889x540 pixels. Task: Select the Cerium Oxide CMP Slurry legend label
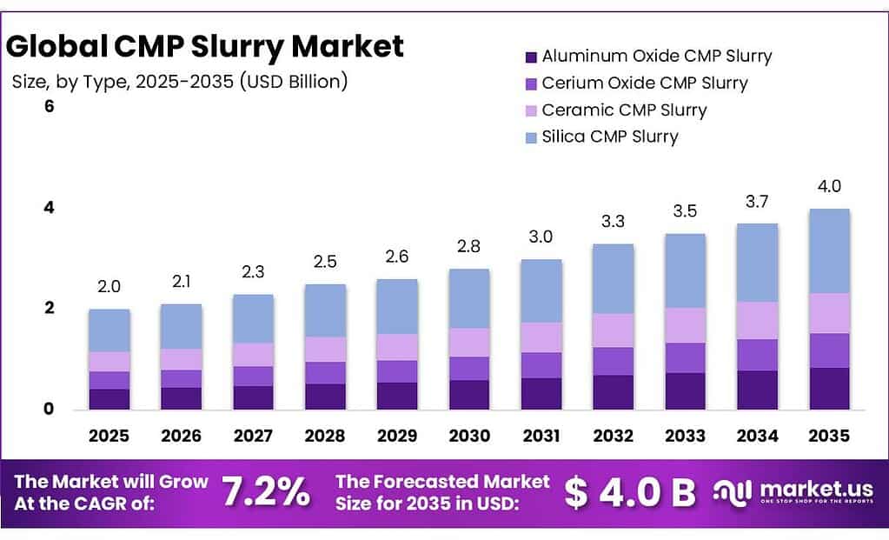644,83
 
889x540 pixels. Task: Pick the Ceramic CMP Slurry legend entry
624,110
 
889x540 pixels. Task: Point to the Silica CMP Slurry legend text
609,137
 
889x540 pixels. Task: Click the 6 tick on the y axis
49,107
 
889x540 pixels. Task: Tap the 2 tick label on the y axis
49,308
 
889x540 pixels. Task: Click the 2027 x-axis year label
252,436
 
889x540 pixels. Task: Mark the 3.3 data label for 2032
613,222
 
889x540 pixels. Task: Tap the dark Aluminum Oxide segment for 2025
109,399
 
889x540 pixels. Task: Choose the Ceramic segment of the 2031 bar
541,337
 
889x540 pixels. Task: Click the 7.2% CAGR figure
266,493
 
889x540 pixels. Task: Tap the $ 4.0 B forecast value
630,493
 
